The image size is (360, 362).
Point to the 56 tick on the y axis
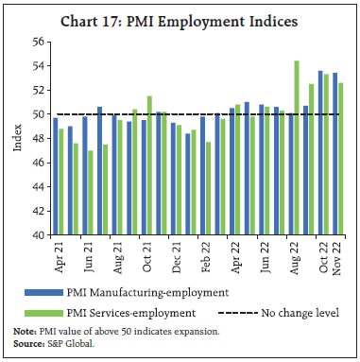[39, 42]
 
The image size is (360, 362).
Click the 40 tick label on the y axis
[39, 234]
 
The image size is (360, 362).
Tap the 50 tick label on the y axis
[39, 114]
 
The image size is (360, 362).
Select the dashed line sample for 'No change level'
[243, 311]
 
